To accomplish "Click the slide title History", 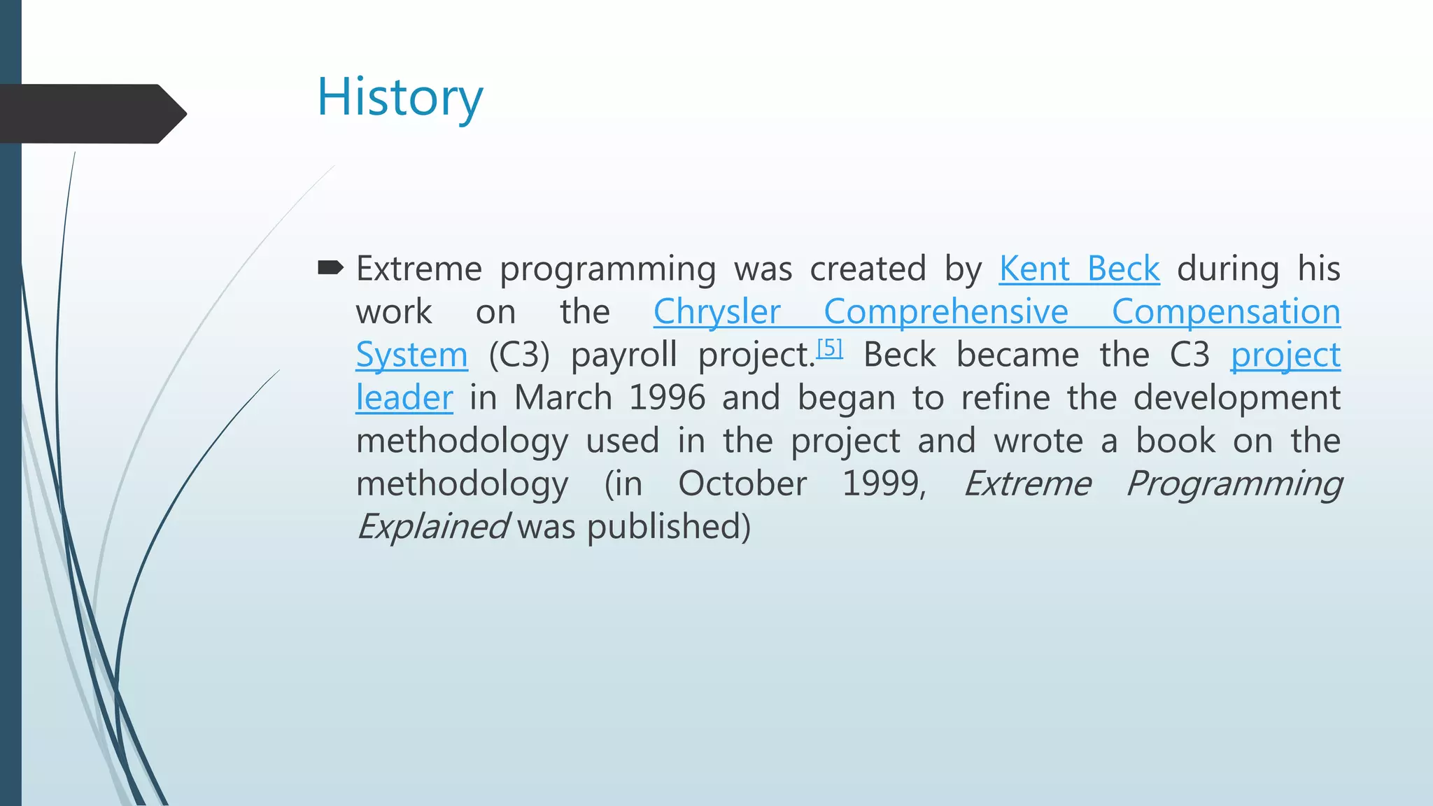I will coord(400,98).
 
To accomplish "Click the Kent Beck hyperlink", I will coord(1079,269).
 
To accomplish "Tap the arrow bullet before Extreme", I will coord(330,267).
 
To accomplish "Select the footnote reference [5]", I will coord(830,348).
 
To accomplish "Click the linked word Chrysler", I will coord(716,312).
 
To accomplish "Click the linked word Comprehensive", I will coord(946,312).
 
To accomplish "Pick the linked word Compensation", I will coord(1226,312).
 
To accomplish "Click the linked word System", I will coord(411,355).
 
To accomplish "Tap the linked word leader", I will coord(404,398).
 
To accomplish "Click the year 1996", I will coord(668,398).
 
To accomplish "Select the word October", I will coord(742,484).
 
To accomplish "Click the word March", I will coord(563,398).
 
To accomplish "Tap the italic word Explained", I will coord(432,527).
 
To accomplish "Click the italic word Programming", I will coord(1234,484).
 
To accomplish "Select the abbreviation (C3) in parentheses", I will coord(519,355).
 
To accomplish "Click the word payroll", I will coord(624,355).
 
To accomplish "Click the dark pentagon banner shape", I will coord(91,114).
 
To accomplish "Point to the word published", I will coord(668,527).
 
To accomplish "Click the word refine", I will coord(1005,398).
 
